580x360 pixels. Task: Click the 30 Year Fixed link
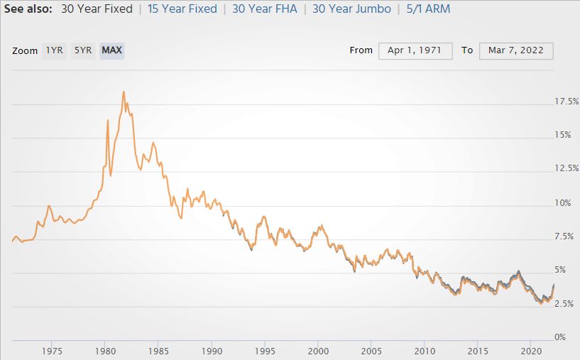coord(96,9)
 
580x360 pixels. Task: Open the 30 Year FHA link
coord(264,9)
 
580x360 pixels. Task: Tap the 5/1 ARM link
coord(425,9)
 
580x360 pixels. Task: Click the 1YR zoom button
coord(54,50)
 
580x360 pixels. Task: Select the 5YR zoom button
coord(83,50)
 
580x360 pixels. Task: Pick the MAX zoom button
coord(111,50)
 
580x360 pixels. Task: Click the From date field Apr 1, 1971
coord(415,50)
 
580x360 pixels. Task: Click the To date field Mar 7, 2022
coord(516,50)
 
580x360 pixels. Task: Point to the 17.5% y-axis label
coord(567,102)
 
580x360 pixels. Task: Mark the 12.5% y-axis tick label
coord(567,169)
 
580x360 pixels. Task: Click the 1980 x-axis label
coord(105,351)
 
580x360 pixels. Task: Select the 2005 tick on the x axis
coord(371,351)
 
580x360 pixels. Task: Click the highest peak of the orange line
coord(124,92)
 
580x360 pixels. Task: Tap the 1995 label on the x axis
coord(265,351)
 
